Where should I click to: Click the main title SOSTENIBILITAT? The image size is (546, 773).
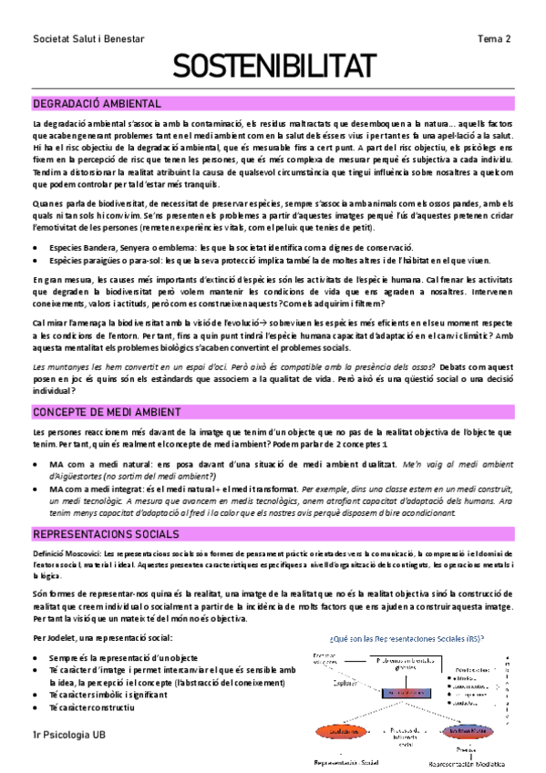point(273,67)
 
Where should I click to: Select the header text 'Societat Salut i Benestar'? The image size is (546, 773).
point(88,38)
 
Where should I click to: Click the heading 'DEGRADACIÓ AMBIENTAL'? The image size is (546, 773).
point(97,104)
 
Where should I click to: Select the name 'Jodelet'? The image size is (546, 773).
point(65,637)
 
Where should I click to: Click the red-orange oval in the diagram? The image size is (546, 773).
point(335,731)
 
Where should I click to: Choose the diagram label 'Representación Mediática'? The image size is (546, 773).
point(465,764)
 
